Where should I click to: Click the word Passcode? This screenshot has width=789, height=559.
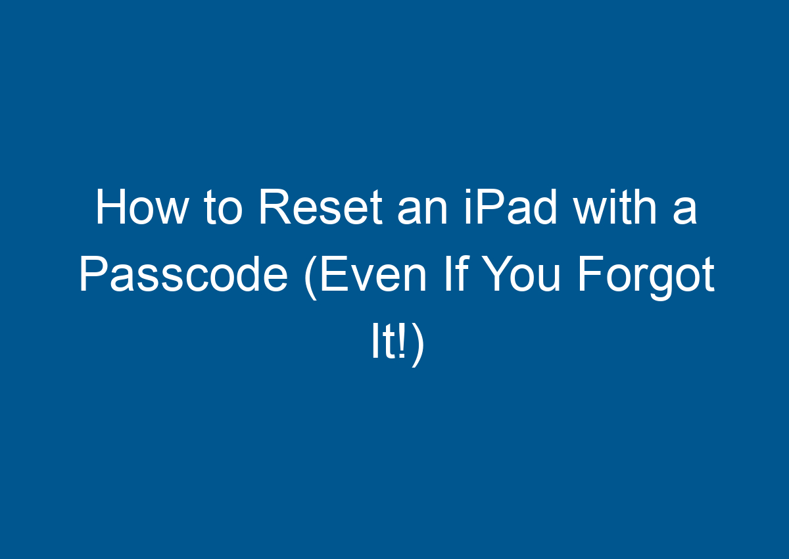pos(183,276)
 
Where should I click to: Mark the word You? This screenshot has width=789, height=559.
pos(531,276)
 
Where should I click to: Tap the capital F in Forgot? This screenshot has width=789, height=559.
pos(587,275)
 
